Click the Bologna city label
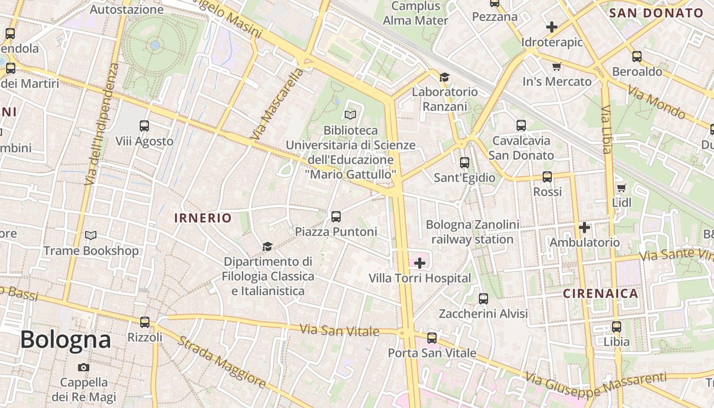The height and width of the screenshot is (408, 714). click(65, 340)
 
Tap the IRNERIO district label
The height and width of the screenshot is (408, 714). click(203, 218)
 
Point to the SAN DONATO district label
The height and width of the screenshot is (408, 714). click(656, 13)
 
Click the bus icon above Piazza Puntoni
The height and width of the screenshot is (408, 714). click(336, 217)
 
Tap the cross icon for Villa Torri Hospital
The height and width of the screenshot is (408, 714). click(420, 263)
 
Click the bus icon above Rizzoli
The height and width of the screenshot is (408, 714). click(145, 322)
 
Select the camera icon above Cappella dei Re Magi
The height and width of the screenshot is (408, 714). click(84, 367)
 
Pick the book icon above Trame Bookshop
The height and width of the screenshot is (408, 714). click(91, 236)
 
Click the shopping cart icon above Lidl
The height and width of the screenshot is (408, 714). click(621, 188)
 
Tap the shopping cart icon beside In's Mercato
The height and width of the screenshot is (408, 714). click(557, 66)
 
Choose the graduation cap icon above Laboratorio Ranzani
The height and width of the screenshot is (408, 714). click(444, 77)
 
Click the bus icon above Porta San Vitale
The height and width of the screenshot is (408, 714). click(432, 338)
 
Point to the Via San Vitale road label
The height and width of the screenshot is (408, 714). click(339, 330)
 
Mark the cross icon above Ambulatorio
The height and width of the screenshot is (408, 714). click(584, 227)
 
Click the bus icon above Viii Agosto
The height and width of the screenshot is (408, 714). click(144, 126)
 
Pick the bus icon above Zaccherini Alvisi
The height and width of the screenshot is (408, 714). click(483, 298)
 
